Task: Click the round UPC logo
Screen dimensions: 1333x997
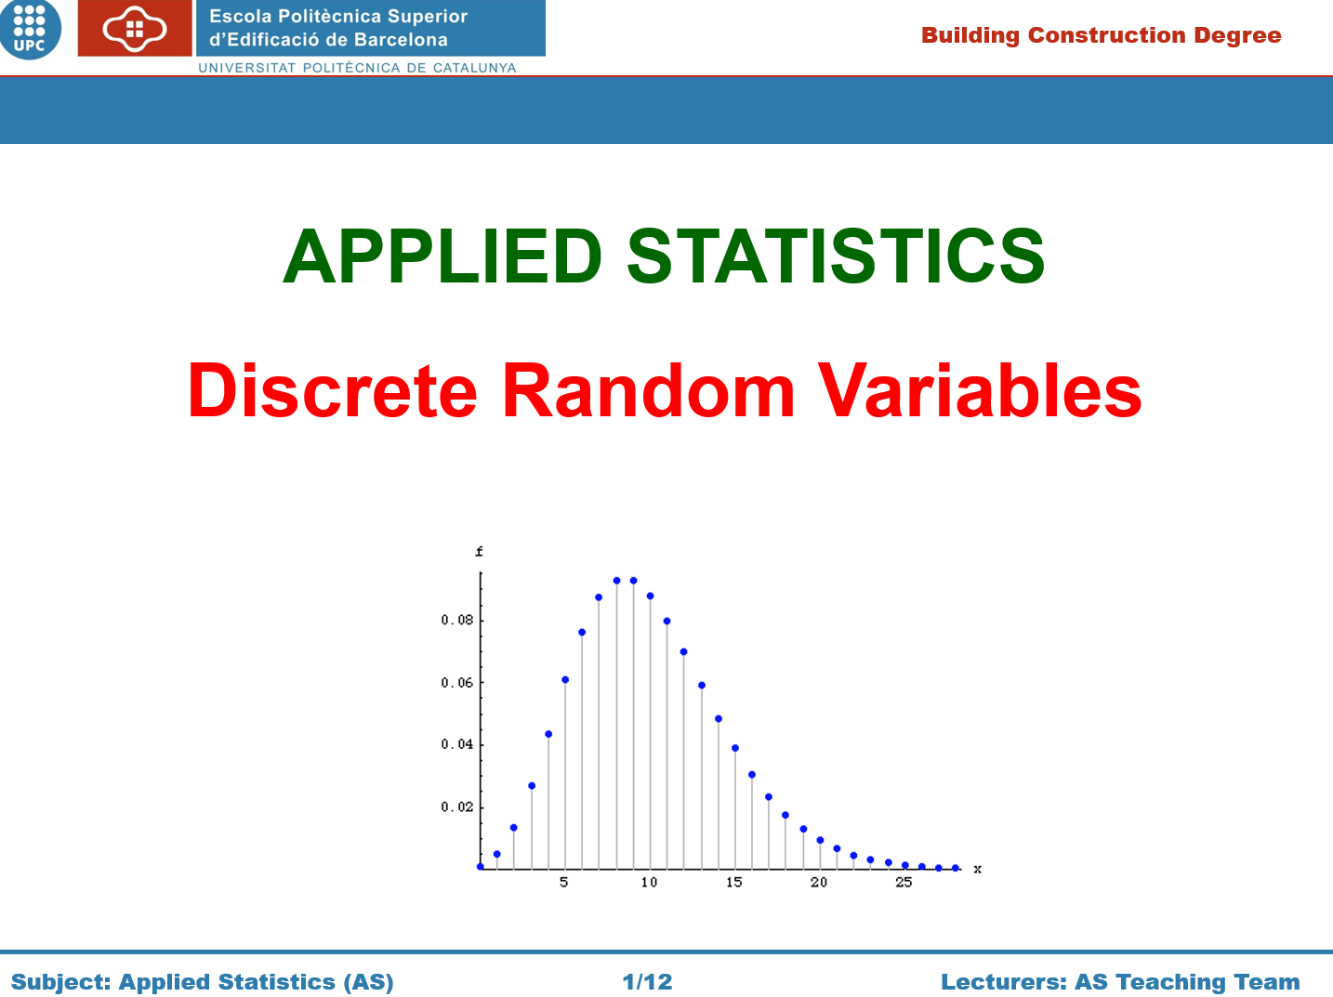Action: click(x=29, y=29)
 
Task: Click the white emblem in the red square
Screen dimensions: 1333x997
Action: click(x=134, y=29)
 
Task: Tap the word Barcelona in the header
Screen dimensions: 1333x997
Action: click(x=401, y=40)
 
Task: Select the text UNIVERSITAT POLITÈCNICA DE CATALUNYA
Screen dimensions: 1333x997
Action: click(x=357, y=68)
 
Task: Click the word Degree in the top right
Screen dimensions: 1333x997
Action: click(x=1237, y=36)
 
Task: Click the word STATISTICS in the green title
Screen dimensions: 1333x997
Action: click(x=836, y=256)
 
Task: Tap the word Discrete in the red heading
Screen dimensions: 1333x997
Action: click(x=333, y=390)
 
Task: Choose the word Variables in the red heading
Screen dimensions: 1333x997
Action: click(x=980, y=390)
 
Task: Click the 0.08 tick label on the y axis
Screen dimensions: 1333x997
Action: click(x=456, y=620)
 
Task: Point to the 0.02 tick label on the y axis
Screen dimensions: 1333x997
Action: click(x=456, y=807)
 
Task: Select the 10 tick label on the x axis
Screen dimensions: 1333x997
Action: click(x=649, y=883)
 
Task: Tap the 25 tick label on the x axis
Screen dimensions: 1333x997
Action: click(x=904, y=883)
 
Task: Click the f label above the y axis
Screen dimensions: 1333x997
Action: click(x=479, y=551)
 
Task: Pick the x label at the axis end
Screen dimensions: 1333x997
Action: click(x=978, y=869)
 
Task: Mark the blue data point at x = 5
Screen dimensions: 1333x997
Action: click(x=565, y=679)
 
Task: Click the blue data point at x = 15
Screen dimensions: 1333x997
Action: click(x=735, y=748)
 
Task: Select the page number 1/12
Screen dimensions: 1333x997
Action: click(x=647, y=982)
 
